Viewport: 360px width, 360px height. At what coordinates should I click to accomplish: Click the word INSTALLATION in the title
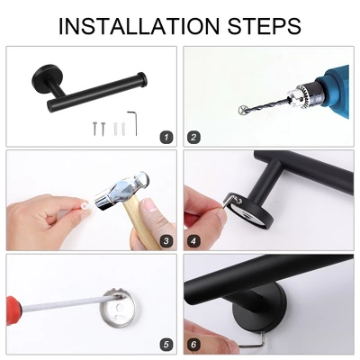(x=139, y=26)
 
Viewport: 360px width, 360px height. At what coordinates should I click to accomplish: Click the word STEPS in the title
(x=264, y=26)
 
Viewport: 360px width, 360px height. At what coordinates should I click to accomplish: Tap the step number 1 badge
(x=166, y=138)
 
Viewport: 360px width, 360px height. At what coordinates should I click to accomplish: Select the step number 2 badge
(x=193, y=138)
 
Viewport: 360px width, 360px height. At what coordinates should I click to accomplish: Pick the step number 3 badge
(x=166, y=241)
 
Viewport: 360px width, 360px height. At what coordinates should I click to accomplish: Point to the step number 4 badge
(x=193, y=241)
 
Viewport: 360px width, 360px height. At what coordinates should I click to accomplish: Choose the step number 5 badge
(x=166, y=344)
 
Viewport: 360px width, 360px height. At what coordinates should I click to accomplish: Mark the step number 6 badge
(x=193, y=344)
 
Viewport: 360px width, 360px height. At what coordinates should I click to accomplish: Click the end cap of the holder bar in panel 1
(x=142, y=78)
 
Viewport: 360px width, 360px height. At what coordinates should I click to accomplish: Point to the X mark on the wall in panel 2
(x=242, y=110)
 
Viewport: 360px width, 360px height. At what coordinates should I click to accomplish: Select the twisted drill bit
(x=264, y=103)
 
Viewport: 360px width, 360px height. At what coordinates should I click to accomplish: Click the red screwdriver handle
(x=13, y=310)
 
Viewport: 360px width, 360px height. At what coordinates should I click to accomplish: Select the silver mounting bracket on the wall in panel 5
(x=118, y=308)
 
